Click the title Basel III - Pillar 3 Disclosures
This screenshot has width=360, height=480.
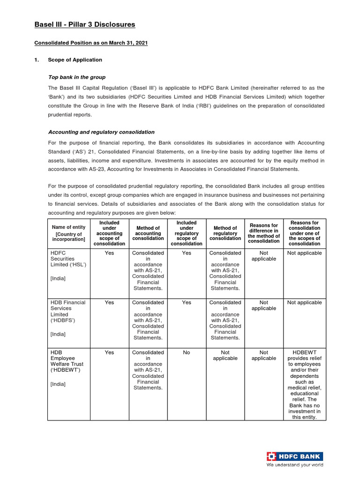[x=85, y=24]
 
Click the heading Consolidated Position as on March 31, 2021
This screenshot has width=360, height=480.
[x=91, y=43]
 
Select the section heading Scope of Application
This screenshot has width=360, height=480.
[x=75, y=60]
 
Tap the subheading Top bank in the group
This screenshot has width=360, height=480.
[x=77, y=77]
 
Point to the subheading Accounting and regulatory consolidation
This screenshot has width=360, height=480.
[x=101, y=132]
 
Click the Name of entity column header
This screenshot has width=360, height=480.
[x=68, y=233]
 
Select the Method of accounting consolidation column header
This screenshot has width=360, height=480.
[x=148, y=233]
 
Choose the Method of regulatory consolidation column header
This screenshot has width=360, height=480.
[x=225, y=233]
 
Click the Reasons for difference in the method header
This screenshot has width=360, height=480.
[x=264, y=233]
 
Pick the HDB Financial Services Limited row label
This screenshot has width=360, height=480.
[x=68, y=311]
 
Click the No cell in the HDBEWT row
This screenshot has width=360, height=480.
[x=187, y=352]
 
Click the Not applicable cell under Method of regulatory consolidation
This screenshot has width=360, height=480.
[x=225, y=355]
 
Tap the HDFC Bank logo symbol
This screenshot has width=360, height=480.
[x=271, y=456]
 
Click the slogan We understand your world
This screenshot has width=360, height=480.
[x=295, y=465]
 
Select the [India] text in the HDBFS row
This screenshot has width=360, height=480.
[x=58, y=334]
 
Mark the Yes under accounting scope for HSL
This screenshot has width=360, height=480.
[x=109, y=253]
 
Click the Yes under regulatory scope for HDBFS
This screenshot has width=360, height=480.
[x=187, y=303]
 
